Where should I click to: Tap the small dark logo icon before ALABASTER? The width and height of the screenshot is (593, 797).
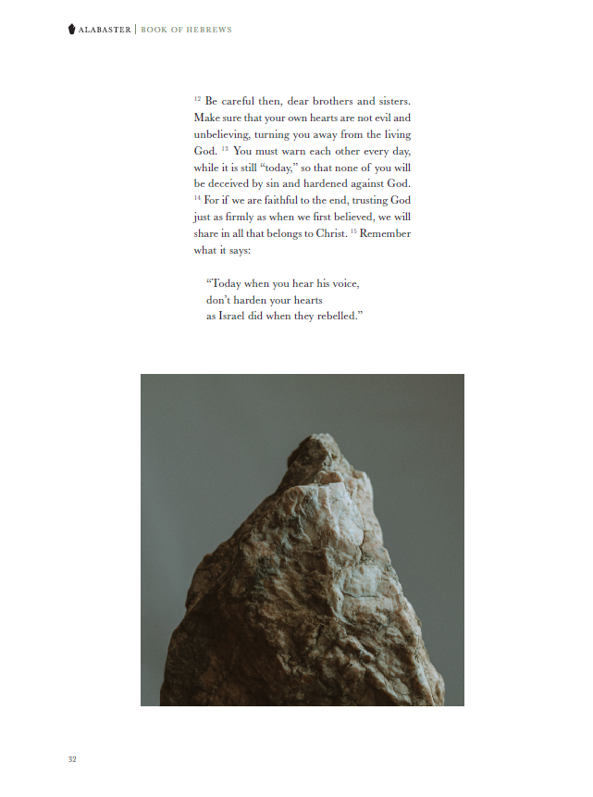(72, 30)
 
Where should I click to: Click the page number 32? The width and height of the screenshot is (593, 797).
(72, 759)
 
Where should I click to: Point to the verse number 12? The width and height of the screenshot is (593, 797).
(198, 97)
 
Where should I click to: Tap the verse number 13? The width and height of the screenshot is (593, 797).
(225, 148)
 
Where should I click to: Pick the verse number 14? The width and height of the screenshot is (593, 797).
(198, 197)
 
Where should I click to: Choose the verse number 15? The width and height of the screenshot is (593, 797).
(352, 230)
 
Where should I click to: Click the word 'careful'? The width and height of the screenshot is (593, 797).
(243, 101)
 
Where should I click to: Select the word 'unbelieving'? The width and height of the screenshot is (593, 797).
(221, 134)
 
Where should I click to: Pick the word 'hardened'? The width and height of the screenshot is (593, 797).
(314, 184)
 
